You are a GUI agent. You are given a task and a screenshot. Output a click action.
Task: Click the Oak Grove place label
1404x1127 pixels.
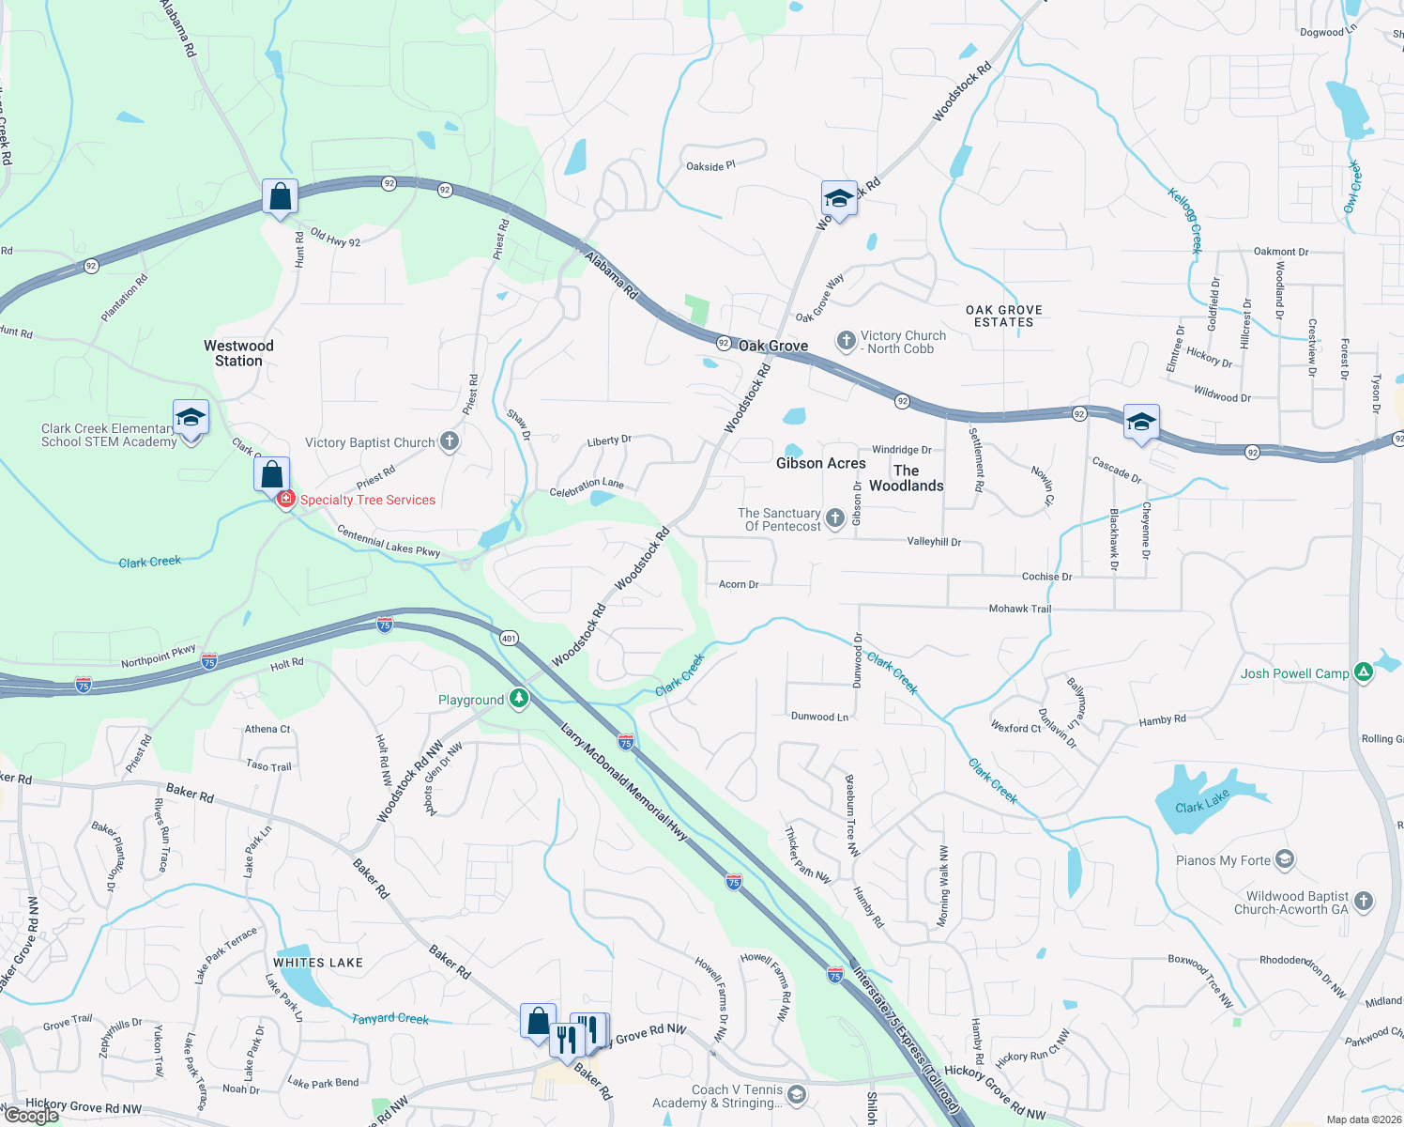(772, 346)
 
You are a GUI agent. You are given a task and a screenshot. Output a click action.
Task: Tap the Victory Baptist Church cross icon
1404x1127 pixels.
(450, 441)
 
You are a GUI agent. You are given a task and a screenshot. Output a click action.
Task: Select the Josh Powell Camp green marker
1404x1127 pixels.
(1364, 672)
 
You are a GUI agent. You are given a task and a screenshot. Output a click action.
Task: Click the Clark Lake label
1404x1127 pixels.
(1202, 801)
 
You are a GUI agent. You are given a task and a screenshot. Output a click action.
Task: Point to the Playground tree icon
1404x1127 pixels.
(519, 699)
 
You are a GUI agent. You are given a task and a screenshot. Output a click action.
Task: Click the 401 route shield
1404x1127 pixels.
(508, 638)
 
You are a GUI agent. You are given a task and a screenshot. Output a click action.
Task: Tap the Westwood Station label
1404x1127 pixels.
(238, 353)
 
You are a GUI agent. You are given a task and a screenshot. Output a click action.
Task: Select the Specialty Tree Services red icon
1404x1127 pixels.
(286, 499)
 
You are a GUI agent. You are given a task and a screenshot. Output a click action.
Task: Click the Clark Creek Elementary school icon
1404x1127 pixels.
(191, 418)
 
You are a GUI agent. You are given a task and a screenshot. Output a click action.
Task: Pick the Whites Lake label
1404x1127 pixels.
(318, 963)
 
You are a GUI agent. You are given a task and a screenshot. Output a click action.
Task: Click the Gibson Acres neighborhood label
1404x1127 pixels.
(820, 463)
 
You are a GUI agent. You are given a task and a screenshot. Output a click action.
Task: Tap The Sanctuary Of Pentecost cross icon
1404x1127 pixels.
(834, 518)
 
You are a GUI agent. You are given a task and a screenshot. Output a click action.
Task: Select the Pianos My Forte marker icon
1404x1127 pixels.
(1285, 859)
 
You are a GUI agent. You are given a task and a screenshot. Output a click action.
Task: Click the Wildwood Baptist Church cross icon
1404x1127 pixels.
(1364, 902)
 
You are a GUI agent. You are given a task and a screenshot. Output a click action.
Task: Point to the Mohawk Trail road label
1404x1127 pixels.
(1019, 609)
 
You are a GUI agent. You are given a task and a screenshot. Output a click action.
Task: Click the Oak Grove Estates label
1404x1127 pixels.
(1003, 316)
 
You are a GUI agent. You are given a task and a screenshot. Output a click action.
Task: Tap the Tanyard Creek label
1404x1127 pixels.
(389, 1018)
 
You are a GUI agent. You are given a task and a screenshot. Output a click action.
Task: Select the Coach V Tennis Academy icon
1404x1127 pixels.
(796, 1095)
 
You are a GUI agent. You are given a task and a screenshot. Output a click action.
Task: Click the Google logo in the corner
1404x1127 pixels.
(31, 1116)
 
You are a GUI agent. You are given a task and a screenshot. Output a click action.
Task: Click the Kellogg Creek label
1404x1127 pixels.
(1184, 221)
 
